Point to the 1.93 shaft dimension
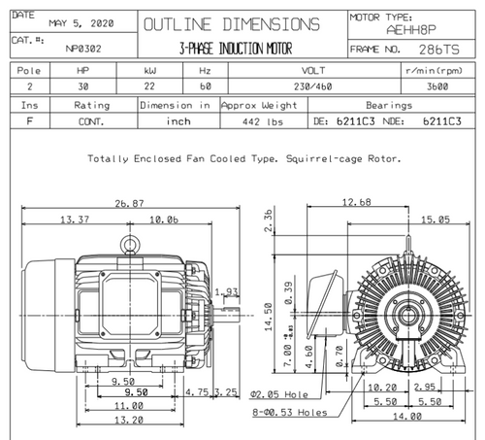pyautogui.click(x=226, y=291)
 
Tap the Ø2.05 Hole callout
pyautogui.click(x=278, y=395)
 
